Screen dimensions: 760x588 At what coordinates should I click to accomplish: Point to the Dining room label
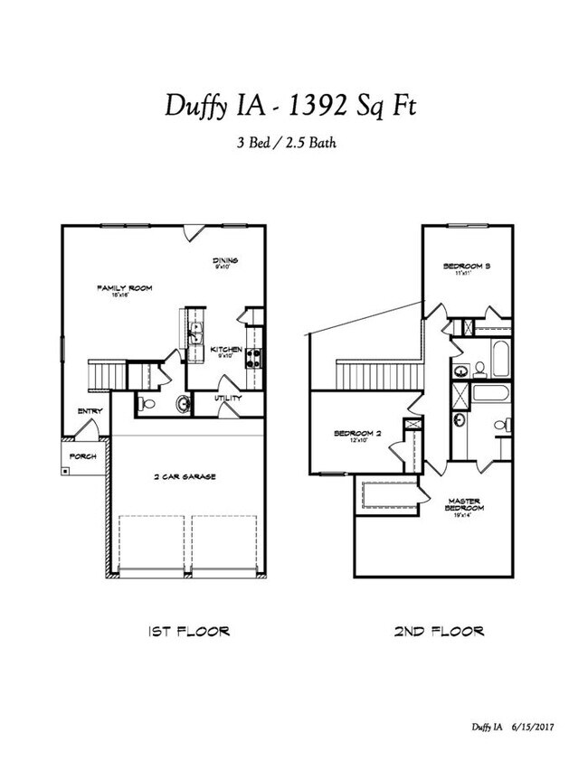click(223, 262)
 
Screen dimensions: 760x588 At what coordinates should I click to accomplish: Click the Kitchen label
click(224, 350)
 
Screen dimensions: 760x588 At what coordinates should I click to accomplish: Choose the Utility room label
click(226, 398)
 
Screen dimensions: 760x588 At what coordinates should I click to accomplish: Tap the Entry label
click(90, 411)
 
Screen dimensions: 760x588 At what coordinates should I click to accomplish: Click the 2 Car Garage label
click(183, 475)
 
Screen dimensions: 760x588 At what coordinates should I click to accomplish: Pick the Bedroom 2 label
click(357, 435)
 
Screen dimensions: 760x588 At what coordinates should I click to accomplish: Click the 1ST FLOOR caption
click(188, 630)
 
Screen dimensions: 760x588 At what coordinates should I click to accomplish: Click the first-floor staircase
click(107, 372)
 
